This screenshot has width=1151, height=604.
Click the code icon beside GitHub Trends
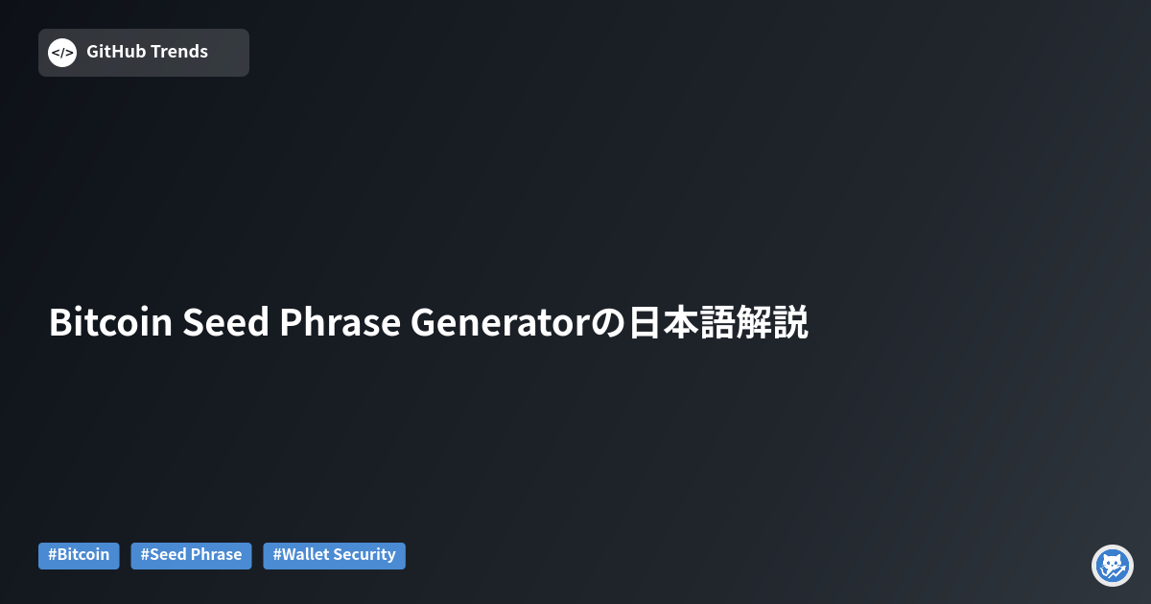[x=62, y=53]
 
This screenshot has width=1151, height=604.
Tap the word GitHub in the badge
[x=116, y=52]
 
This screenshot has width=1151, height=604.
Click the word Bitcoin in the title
[x=110, y=322]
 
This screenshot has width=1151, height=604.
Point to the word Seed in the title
[x=225, y=322]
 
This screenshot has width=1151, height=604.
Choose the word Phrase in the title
[x=340, y=322]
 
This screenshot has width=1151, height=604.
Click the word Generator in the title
[x=500, y=322]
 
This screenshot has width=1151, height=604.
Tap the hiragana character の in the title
[x=608, y=323]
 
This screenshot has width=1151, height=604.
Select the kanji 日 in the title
[x=644, y=322]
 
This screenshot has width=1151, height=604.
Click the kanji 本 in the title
[x=680, y=322]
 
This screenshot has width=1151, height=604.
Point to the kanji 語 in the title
[x=716, y=322]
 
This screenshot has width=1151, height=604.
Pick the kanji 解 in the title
[x=754, y=322]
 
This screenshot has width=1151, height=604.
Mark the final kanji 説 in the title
[x=790, y=322]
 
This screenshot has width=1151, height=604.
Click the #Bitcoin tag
[x=79, y=556]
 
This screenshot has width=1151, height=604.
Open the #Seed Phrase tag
[x=191, y=556]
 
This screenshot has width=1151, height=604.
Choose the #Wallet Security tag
[x=334, y=556]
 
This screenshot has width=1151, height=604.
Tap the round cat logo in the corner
[x=1113, y=566]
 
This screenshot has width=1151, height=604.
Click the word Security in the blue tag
[x=365, y=555]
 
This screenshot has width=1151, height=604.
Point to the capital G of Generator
[x=423, y=322]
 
